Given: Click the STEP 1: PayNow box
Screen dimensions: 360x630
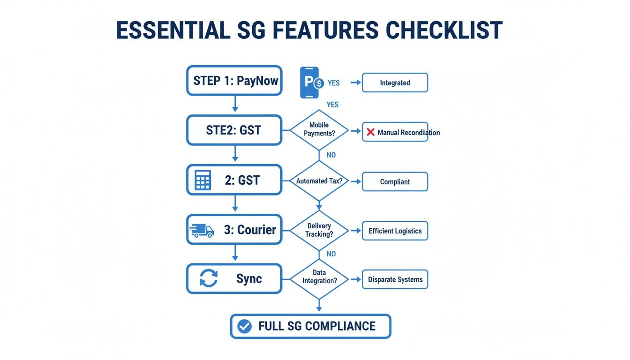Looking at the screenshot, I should point(234,81).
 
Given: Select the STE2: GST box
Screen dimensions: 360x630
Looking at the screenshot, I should point(234,130).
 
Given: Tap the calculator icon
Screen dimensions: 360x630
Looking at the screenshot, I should point(202,180).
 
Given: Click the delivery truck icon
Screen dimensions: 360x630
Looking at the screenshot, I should point(202,230).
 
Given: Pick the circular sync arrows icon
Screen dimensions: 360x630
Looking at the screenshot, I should point(209,278).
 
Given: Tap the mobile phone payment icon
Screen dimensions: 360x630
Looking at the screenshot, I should point(310,82).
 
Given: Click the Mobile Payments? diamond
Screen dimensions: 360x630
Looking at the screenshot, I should point(319,129).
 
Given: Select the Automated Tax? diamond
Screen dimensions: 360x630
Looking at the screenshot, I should point(319,181).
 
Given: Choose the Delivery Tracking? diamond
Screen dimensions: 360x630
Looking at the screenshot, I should point(319,230).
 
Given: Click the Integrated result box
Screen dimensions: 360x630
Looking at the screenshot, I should point(395,82).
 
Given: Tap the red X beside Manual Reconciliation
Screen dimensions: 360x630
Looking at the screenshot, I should point(370,132).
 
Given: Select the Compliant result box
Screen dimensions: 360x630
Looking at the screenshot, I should point(395,182).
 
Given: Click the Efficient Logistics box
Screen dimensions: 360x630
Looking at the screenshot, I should point(395,231).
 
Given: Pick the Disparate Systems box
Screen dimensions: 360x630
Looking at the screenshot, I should point(395,279).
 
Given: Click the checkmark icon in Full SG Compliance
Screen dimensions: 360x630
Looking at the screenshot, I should point(244,326).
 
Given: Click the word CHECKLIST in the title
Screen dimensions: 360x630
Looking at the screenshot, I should point(444,30).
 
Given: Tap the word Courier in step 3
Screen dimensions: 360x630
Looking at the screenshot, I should point(256,230).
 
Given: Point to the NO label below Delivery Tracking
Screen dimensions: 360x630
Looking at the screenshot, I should point(331,254).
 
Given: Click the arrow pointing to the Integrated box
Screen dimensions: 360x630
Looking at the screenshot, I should point(355,82).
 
